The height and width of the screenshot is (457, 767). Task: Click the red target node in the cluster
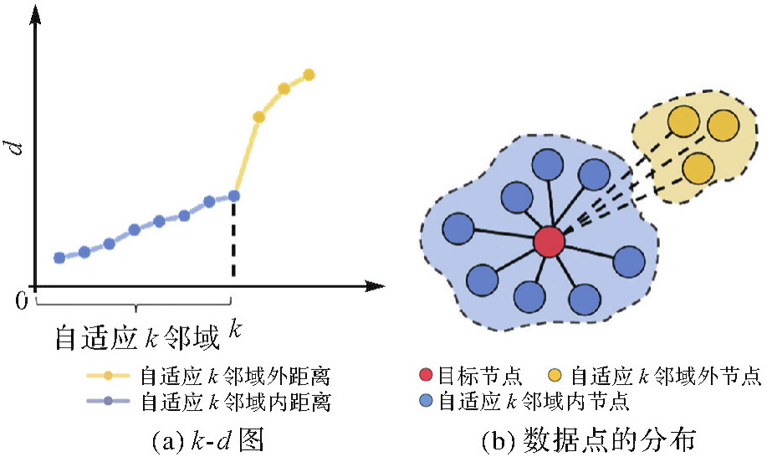(x=550, y=242)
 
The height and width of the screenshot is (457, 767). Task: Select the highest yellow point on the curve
(x=309, y=74)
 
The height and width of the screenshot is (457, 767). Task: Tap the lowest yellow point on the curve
(x=258, y=117)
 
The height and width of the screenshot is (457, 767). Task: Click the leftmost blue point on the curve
(x=59, y=258)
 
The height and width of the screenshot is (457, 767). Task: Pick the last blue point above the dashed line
(x=234, y=196)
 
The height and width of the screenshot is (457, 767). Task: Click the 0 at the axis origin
(x=23, y=299)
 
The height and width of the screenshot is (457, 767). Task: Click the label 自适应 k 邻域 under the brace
(x=136, y=336)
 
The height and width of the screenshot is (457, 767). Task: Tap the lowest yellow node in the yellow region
(x=697, y=168)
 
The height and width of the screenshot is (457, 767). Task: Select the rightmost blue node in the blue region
(x=629, y=263)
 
